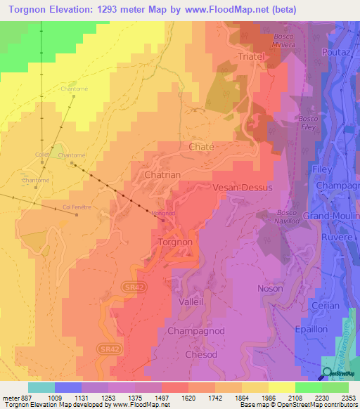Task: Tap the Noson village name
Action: (x=270, y=288)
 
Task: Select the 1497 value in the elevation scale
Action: (x=161, y=397)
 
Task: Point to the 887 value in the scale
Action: (x=26, y=397)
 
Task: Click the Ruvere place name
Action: (x=337, y=237)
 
